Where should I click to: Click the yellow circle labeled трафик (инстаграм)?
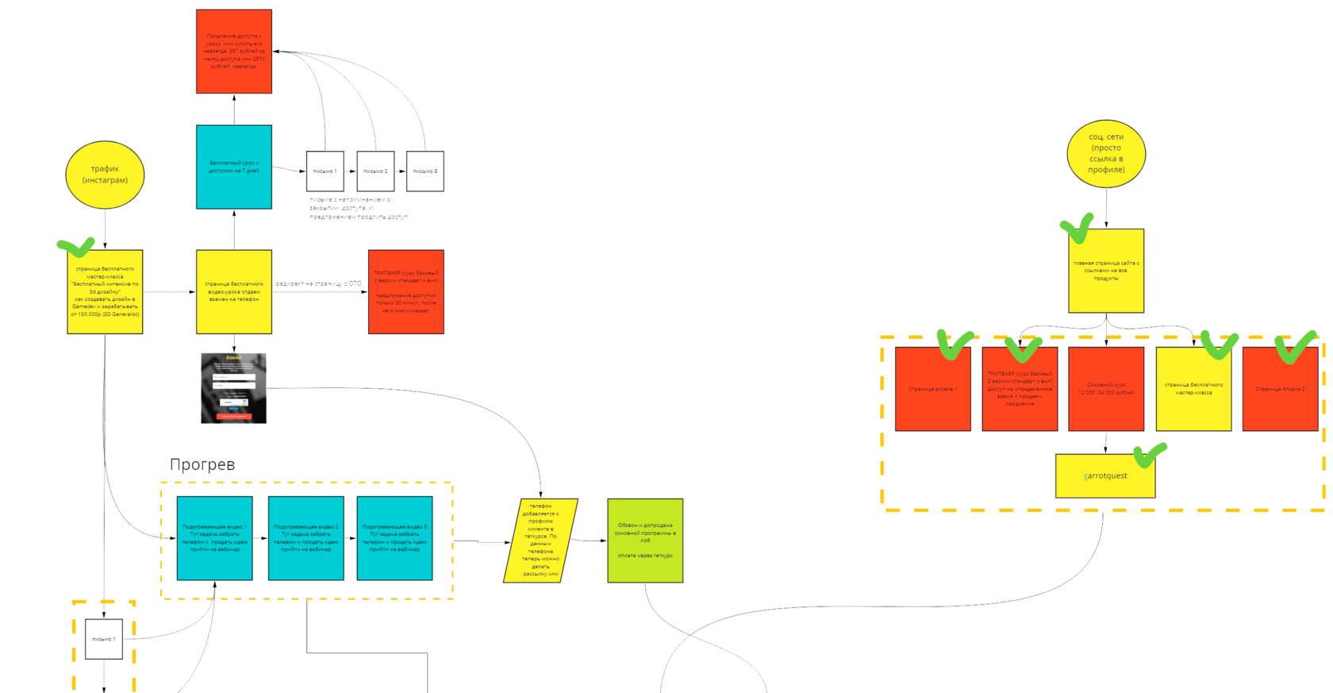[x=105, y=175]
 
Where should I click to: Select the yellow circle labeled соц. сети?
[x=1106, y=154]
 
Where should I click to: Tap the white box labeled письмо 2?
[x=375, y=171]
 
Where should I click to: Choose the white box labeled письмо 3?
[x=424, y=171]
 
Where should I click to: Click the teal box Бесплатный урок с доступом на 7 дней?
[x=234, y=167]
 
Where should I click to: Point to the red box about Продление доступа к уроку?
[x=234, y=52]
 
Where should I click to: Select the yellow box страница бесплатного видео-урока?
[x=234, y=291]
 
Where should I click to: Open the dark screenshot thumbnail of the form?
[x=233, y=388]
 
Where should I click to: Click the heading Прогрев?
[x=202, y=464]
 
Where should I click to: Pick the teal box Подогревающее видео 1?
[x=214, y=538]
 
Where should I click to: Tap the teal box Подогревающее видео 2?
[x=305, y=538]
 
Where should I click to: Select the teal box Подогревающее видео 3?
[x=394, y=538]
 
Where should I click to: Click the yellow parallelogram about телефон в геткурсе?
[x=540, y=541]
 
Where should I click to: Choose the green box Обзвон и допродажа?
[x=644, y=541]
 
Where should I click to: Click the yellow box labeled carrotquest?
[x=1104, y=476]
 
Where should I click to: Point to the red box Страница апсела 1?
[x=932, y=389]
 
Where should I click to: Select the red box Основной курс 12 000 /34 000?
[x=1105, y=389]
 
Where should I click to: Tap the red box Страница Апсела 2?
[x=1280, y=389]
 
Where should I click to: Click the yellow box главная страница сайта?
[x=1105, y=271]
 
